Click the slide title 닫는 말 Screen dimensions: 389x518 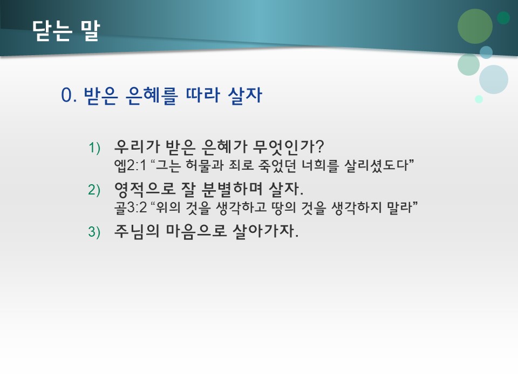[x=66, y=30]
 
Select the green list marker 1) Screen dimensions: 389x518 [x=95, y=147]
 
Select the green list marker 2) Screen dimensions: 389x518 [x=95, y=190]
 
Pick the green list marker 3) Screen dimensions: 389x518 [x=95, y=232]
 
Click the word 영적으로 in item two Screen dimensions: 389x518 [x=140, y=189]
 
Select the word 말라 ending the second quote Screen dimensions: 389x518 [x=399, y=207]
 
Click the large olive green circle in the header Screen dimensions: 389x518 [x=475, y=26]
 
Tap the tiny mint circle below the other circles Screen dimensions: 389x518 [x=479, y=99]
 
